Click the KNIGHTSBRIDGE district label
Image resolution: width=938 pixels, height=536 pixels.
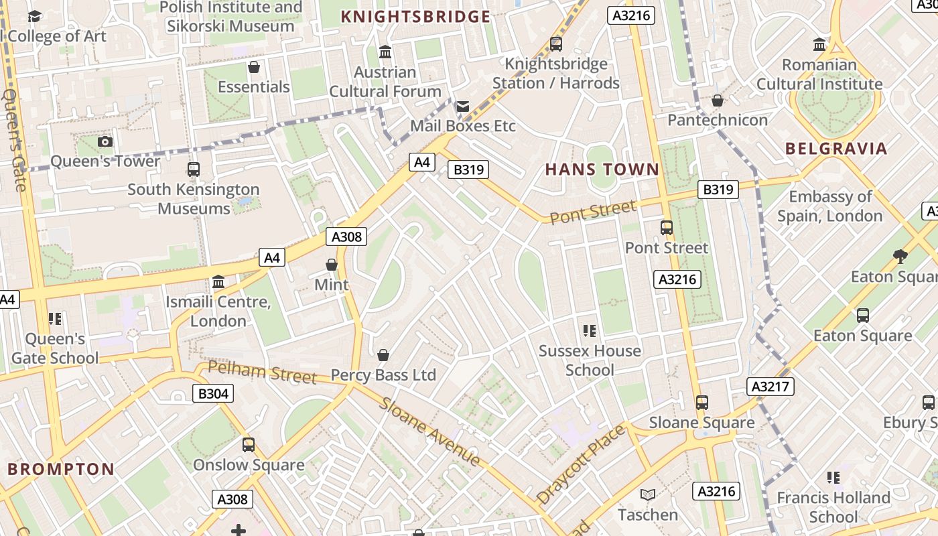(415, 16)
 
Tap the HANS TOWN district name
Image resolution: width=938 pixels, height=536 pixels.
(602, 169)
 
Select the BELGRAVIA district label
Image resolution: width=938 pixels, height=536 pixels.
(835, 148)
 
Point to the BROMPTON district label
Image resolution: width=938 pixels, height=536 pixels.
(61, 468)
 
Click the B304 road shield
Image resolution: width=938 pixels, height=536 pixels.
(213, 393)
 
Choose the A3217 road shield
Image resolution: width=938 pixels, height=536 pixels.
(770, 386)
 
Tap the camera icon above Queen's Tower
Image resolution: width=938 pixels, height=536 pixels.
(105, 141)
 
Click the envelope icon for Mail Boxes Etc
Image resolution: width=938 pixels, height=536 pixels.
(462, 106)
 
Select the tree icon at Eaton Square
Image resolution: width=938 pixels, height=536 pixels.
(900, 256)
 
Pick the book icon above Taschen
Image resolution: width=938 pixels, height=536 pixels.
(647, 495)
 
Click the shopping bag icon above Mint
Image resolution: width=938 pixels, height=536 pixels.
(332, 265)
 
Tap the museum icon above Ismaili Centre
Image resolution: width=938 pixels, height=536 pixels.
(218, 282)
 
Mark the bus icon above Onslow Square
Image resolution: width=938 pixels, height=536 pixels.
(249, 444)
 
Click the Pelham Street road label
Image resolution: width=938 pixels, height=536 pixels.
(262, 372)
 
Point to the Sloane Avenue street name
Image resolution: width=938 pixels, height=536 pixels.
(429, 431)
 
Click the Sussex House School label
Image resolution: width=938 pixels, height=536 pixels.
(590, 360)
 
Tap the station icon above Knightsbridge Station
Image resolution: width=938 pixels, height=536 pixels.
(555, 44)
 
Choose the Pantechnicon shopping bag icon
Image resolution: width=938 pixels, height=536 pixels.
(717, 100)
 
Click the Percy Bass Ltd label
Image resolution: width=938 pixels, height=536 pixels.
(383, 375)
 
